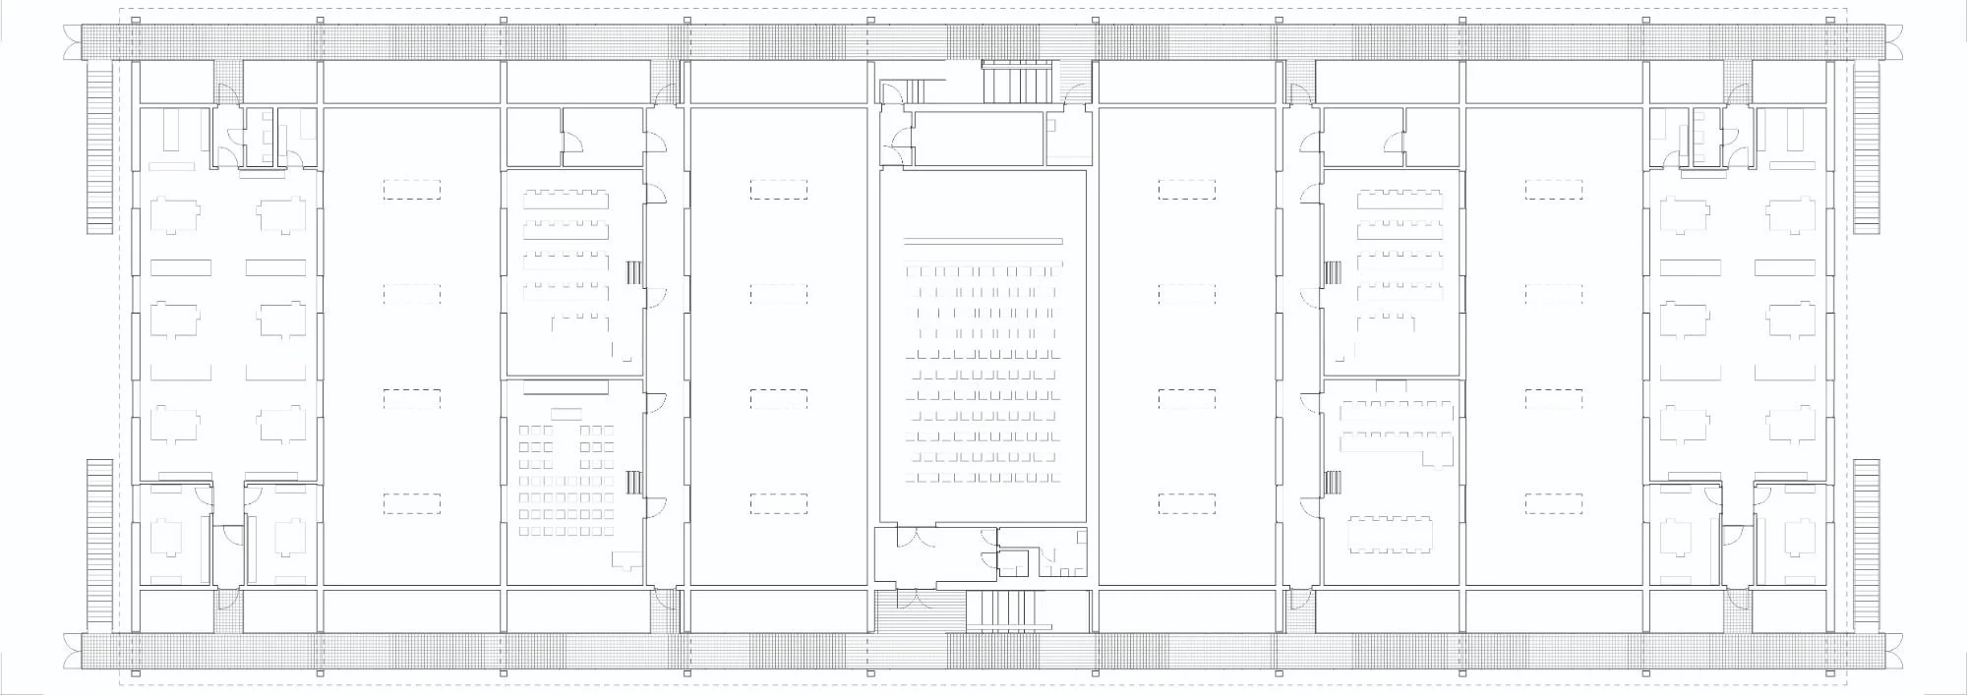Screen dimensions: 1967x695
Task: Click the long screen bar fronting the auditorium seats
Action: point(983,241)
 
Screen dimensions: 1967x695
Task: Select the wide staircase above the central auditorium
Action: point(1018,81)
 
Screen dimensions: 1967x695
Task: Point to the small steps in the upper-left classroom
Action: point(634,272)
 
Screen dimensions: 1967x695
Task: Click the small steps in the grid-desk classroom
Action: point(634,482)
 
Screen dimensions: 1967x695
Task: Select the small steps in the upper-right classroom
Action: point(1334,272)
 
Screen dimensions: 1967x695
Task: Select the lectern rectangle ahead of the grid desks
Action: point(566,412)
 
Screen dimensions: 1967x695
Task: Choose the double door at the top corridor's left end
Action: point(71,42)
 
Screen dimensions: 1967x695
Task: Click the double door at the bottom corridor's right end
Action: point(1895,650)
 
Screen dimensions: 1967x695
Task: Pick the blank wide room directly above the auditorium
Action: point(978,139)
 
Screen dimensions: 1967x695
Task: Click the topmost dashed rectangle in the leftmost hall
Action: point(412,189)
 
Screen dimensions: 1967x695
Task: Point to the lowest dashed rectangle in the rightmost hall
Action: point(1554,504)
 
